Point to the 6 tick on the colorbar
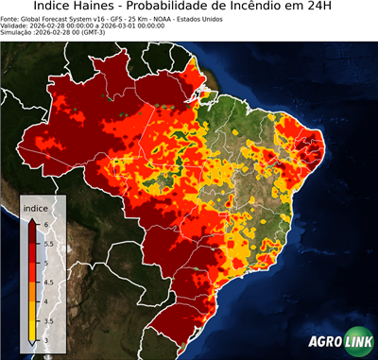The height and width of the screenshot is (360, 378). tap(45, 223)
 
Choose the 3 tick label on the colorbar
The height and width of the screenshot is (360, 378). tap(45, 340)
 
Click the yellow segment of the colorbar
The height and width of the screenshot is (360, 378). tap(33, 317)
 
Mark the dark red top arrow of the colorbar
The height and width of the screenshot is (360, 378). tap(33, 219)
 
